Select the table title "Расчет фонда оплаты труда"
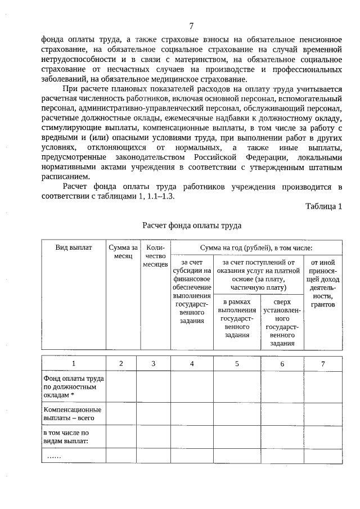pos(192,226)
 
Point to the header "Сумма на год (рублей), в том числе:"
pos(256,248)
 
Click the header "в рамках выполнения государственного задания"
pos(237,318)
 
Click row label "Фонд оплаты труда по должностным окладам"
pos(70,387)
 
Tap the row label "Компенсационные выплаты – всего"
pos(72,414)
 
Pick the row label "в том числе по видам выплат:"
pos(66,437)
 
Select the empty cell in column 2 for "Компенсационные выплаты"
pos(121,414)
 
